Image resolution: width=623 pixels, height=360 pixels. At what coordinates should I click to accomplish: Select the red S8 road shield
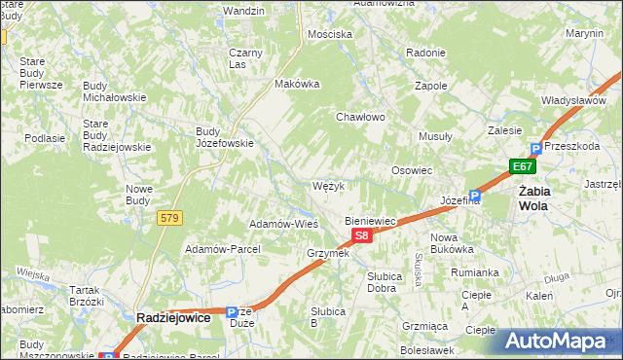pos(361,235)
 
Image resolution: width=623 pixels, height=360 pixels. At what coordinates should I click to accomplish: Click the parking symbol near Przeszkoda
pos(535,149)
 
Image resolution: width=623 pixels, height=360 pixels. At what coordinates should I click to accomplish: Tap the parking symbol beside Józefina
pos(474,195)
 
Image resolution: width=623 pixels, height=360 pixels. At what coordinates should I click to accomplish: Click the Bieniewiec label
pos(371,221)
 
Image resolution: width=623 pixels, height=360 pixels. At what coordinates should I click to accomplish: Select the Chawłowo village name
pos(361,117)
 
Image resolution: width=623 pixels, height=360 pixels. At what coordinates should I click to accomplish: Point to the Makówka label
pos(298,84)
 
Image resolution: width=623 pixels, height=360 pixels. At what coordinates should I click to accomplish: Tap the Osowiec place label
pos(412,170)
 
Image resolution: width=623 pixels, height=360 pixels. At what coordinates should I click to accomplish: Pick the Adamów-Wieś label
pos(284,223)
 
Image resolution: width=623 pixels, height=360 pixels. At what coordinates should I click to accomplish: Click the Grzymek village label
pos(328,253)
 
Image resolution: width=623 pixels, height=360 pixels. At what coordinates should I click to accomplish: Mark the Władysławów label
pos(574,100)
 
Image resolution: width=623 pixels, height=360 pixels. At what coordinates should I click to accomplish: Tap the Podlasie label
pos(45,138)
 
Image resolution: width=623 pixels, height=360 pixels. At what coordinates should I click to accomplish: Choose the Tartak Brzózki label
pos(86,296)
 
